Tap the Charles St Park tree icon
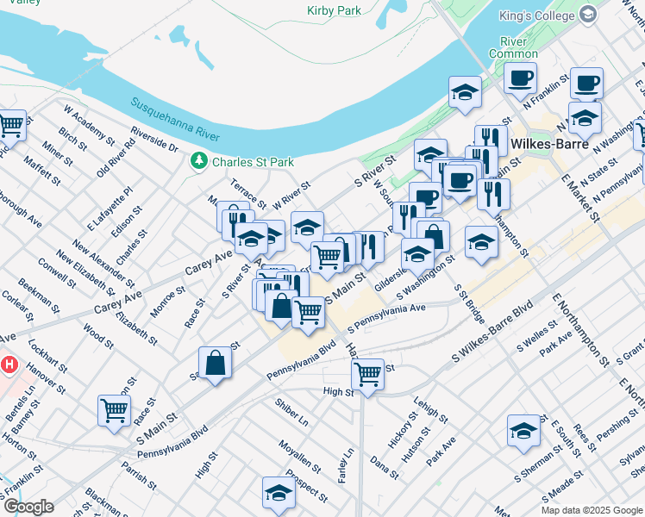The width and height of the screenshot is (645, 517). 199,161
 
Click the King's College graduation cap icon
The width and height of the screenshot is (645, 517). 588,15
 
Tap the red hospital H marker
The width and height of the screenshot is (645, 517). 9,364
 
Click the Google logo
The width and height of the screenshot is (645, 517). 28,507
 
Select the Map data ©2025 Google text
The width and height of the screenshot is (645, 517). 591,510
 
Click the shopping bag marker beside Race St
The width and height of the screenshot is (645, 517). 216,362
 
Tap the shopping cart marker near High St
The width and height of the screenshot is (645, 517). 368,375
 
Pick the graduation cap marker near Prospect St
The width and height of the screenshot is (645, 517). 279,493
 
